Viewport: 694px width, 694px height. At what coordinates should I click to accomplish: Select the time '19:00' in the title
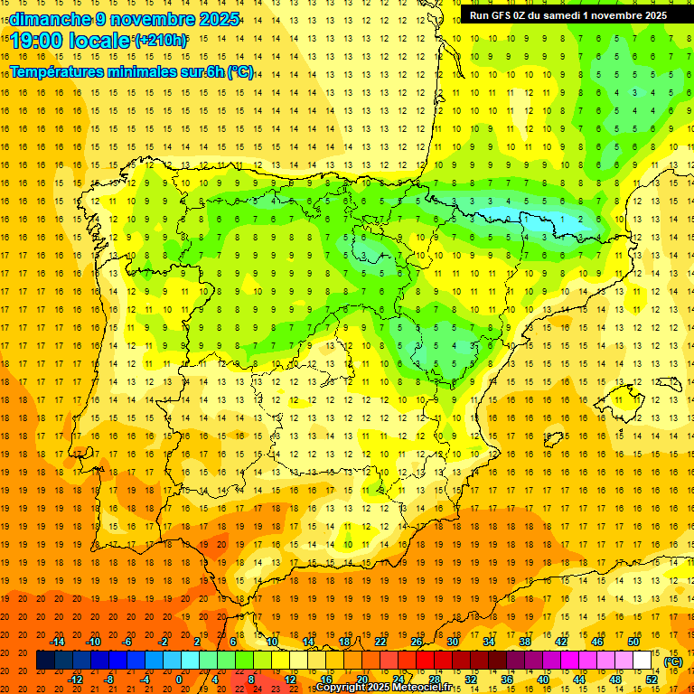tap(36, 41)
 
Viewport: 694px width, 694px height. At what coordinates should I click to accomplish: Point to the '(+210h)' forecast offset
tap(161, 41)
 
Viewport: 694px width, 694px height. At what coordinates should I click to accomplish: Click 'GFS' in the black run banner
tap(504, 15)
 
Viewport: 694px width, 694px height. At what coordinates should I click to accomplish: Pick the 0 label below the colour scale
tap(179, 679)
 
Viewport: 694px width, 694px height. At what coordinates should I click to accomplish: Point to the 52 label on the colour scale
tap(652, 679)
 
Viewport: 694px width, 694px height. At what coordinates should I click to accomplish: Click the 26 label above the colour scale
tap(417, 642)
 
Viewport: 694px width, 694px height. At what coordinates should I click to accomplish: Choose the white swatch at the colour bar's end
tap(642, 660)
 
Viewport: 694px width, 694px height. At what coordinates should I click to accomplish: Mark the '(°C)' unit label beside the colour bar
tap(673, 661)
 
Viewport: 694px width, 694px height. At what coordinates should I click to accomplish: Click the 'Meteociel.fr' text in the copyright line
tap(424, 688)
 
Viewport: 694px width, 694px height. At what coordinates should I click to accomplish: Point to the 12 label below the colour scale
tap(290, 679)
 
